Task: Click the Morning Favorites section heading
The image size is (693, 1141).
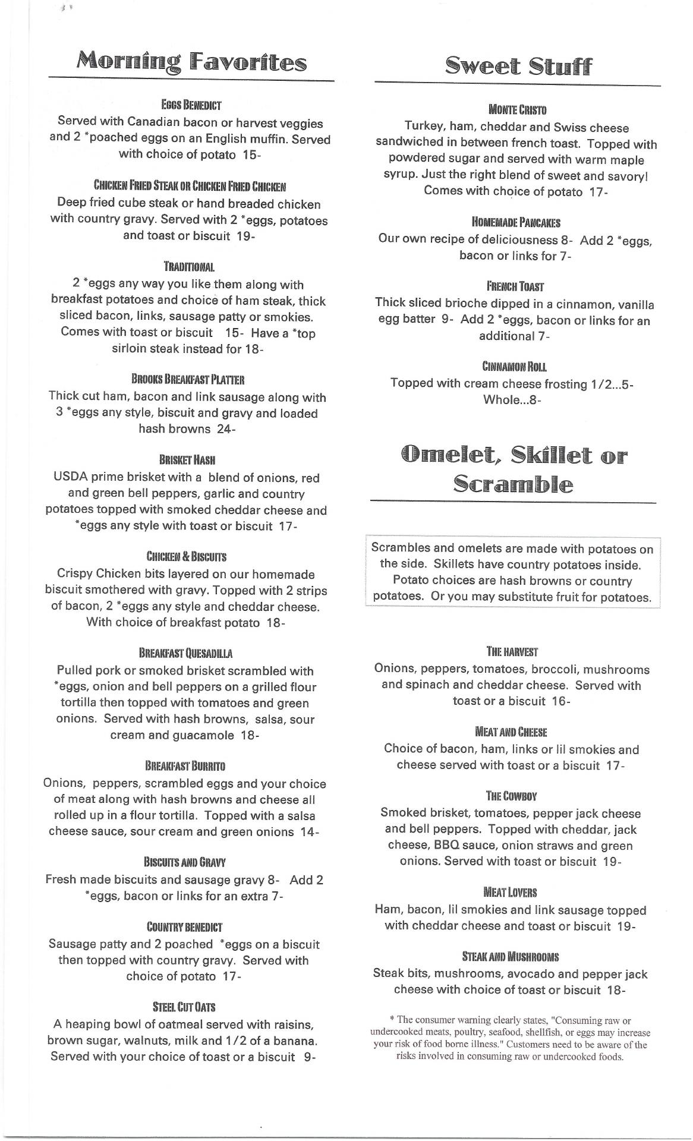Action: click(x=191, y=62)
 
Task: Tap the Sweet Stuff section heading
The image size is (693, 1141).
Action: click(x=518, y=66)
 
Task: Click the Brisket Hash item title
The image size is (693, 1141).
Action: click(x=187, y=460)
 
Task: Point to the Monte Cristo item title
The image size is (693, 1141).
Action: click(x=517, y=109)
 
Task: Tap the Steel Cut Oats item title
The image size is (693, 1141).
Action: click(x=184, y=1007)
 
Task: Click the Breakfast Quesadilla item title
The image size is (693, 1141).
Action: click(x=185, y=654)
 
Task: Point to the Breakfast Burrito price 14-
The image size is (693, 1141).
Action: click(x=310, y=832)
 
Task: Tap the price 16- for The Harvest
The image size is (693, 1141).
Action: click(x=560, y=701)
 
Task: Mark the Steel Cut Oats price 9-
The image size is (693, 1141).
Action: click(x=309, y=1057)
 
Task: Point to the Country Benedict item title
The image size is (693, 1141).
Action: click(x=184, y=927)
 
